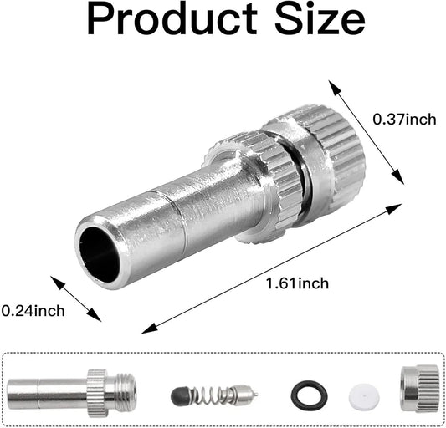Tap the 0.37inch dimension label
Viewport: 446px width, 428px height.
[x=404, y=120]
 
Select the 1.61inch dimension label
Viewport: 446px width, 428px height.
[x=298, y=284]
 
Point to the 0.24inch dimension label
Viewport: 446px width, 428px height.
[x=33, y=311]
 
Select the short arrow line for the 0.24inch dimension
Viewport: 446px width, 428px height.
[x=76, y=298]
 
